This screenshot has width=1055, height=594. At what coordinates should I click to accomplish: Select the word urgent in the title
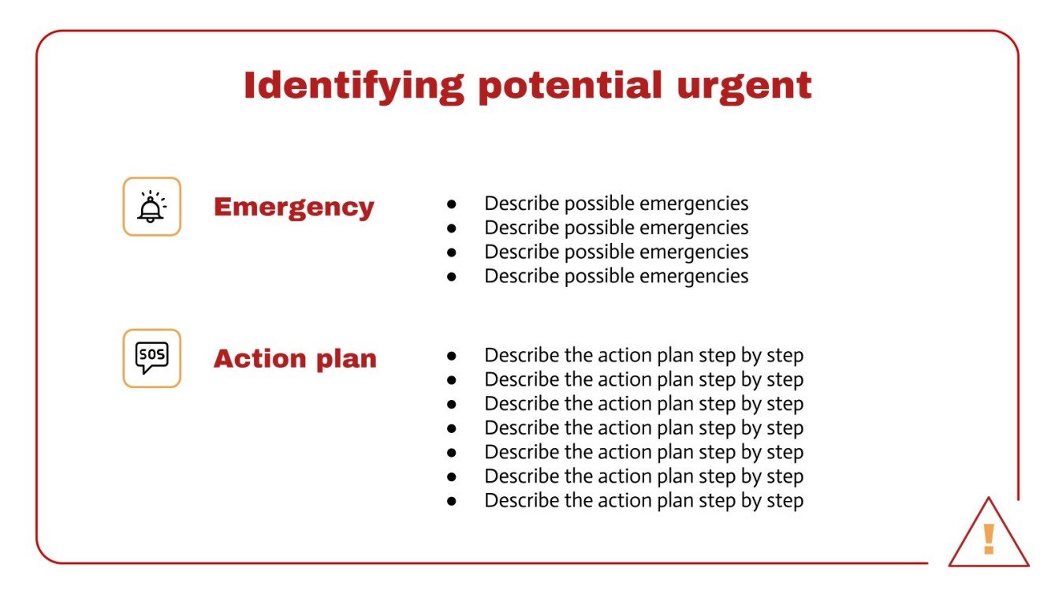coord(744,86)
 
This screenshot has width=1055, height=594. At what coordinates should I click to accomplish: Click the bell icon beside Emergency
coord(151,207)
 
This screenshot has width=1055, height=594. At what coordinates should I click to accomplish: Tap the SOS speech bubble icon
coord(151,358)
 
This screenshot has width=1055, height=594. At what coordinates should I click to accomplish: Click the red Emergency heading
coord(293,207)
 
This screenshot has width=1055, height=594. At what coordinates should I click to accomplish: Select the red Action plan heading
coord(295,359)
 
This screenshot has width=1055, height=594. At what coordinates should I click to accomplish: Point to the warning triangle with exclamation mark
coord(988,536)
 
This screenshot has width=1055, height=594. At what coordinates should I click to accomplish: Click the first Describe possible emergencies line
coord(616,204)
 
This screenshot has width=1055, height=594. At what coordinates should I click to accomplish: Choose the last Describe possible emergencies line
coord(616,276)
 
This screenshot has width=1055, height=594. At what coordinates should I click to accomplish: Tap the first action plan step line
coord(643,356)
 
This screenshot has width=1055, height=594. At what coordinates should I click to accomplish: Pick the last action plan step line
coord(643,501)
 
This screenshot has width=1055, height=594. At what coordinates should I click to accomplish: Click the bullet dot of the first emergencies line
coord(452,204)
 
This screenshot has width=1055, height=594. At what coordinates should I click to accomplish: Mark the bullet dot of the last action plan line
coord(452,501)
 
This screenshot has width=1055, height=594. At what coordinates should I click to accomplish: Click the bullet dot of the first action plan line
coord(452,356)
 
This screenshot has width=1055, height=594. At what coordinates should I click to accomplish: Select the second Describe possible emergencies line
coord(616,228)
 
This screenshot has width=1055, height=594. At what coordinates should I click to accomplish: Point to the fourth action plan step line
coord(643,428)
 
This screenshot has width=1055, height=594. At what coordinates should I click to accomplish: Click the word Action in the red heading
coord(259,359)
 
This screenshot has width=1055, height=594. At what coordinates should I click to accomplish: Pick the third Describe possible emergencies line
coord(616,252)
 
